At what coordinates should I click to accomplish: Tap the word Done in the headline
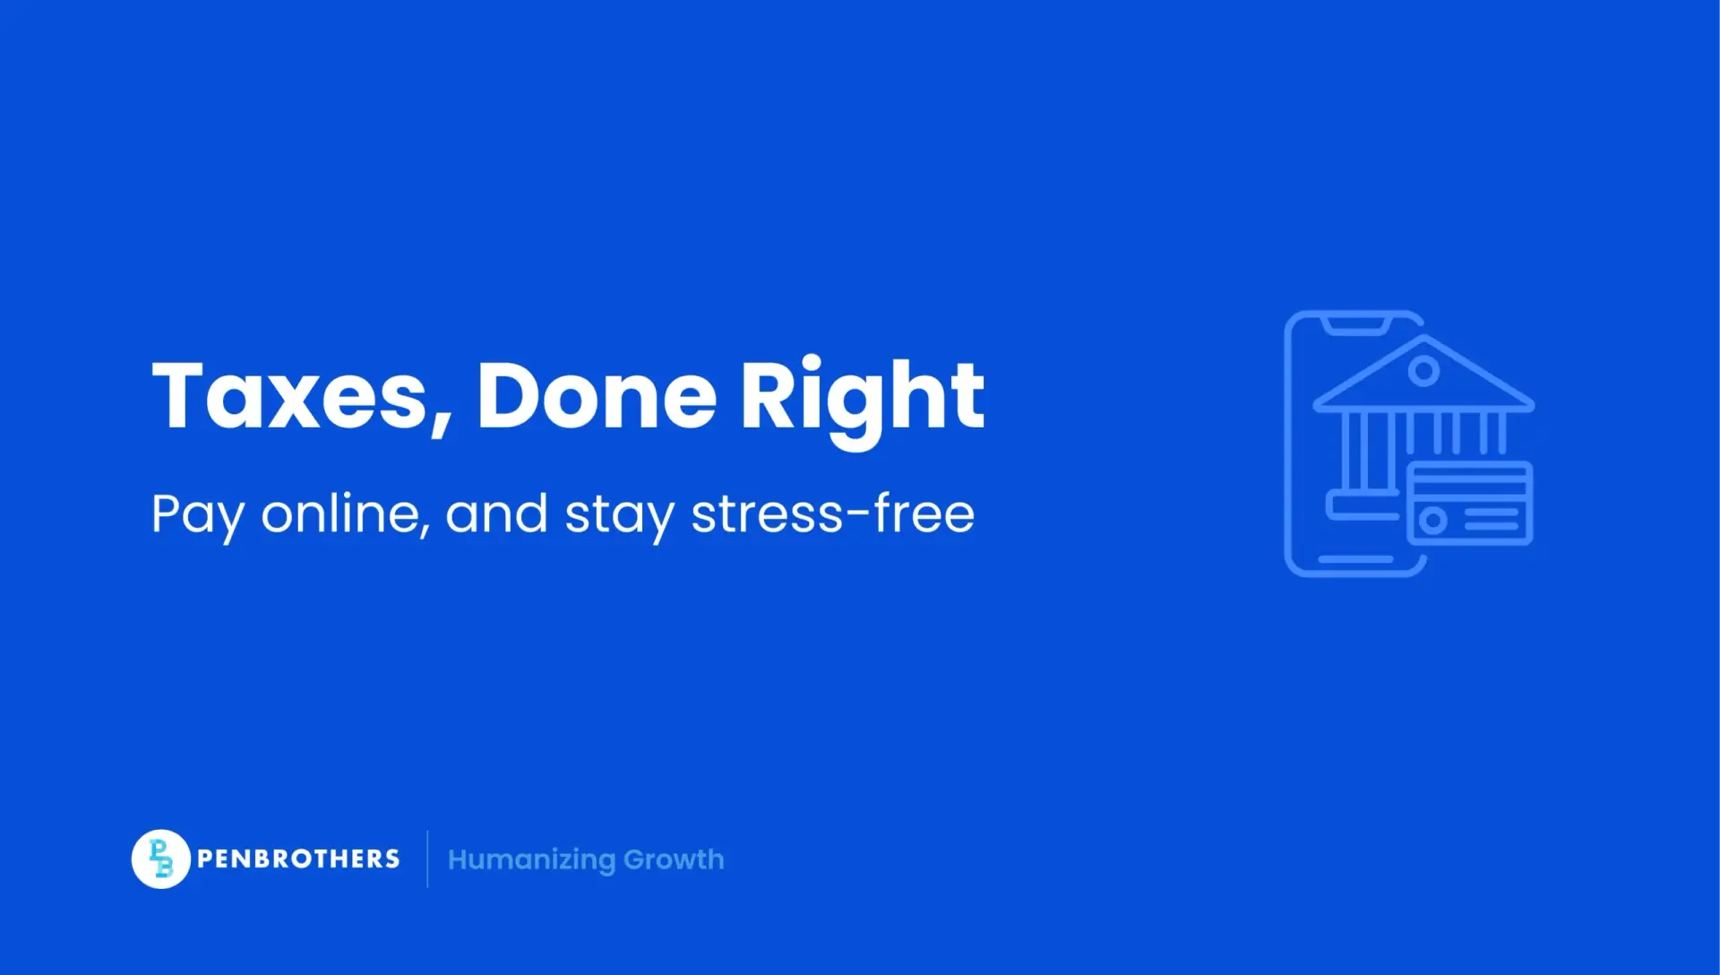[x=597, y=395]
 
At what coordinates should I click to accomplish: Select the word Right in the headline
[x=862, y=401]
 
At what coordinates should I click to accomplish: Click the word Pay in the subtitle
[x=198, y=516]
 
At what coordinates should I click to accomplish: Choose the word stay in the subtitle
[x=619, y=517]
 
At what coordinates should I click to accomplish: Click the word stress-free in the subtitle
[x=833, y=513]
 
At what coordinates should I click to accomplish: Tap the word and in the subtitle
[x=496, y=513]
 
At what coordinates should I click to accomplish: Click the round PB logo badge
[x=160, y=859]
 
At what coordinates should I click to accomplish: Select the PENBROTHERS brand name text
[x=298, y=859]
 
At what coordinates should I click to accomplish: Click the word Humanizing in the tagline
[x=531, y=860]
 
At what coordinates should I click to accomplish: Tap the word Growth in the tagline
[x=674, y=859]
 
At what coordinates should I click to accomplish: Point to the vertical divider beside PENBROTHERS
[x=427, y=859]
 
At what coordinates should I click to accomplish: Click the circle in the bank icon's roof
[x=1423, y=369]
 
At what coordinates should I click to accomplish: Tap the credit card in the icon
[x=1469, y=503]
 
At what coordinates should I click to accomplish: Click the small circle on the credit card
[x=1432, y=520]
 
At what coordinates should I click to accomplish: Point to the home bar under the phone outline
[x=1355, y=559]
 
